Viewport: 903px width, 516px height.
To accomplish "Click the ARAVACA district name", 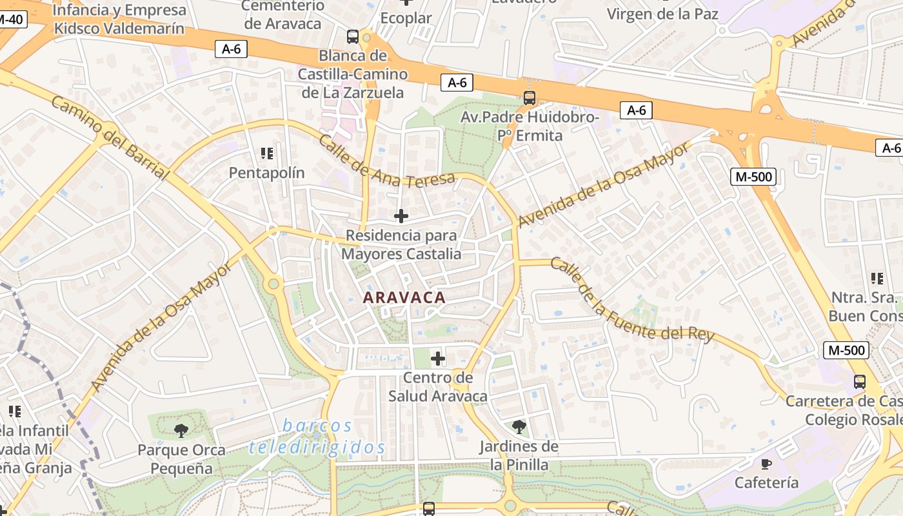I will tap(404, 297).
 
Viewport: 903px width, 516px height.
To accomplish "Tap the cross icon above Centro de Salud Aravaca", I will tap(438, 358).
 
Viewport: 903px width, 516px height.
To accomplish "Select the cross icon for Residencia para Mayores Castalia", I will tap(401, 216).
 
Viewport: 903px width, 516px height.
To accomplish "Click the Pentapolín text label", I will tap(267, 173).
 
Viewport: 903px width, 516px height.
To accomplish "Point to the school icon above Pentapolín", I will tap(267, 154).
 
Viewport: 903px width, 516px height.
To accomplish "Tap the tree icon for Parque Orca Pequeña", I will tap(181, 430).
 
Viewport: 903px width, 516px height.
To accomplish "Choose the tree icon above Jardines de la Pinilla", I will tap(519, 426).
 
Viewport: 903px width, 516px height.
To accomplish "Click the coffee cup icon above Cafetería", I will tap(766, 464).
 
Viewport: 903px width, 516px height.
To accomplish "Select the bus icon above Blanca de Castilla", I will tap(353, 37).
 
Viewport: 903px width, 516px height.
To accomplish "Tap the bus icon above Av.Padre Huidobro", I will tap(530, 98).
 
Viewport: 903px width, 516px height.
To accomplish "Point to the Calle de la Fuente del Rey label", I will tap(631, 301).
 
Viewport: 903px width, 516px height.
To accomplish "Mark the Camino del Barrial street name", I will tap(109, 139).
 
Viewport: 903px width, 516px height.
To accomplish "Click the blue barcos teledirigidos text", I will tap(317, 437).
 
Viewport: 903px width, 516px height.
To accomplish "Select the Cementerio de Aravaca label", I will tap(283, 15).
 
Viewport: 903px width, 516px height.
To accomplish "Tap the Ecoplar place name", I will tap(406, 18).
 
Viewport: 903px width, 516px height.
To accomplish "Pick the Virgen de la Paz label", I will tap(662, 14).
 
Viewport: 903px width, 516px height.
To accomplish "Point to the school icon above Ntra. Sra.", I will tap(877, 279).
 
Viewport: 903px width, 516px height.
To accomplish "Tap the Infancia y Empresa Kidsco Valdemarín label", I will tap(119, 19).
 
